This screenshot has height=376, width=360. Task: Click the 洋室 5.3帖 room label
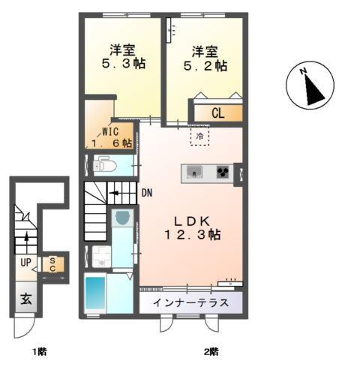122,58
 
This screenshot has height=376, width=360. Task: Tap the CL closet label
218,114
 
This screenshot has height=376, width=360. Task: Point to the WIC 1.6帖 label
111,137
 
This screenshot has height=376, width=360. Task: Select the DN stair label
147,193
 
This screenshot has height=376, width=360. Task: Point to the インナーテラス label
190,304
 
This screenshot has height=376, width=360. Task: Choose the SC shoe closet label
53,265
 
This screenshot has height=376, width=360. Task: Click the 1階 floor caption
39,350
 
